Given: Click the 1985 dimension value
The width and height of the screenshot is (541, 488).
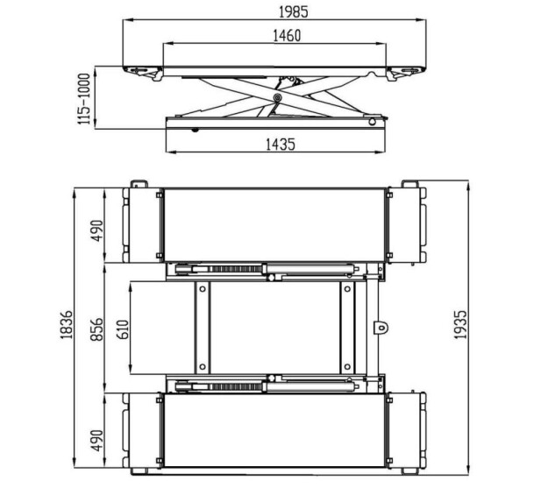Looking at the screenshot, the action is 293,12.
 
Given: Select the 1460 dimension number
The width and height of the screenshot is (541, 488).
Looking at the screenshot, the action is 287,36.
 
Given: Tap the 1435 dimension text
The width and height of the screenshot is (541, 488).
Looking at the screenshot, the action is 281,145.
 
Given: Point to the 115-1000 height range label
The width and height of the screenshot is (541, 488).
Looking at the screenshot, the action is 84,99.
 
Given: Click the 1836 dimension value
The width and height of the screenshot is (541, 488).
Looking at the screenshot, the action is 67,325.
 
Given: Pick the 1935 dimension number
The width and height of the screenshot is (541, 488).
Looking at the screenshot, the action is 460,325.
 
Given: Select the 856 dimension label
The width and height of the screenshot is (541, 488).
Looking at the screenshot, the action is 96,329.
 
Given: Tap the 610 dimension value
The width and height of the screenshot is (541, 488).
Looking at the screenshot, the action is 123,329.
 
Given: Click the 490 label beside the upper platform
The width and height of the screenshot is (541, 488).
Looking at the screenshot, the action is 96,231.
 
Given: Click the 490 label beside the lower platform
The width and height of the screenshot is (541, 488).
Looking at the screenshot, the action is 96,441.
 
